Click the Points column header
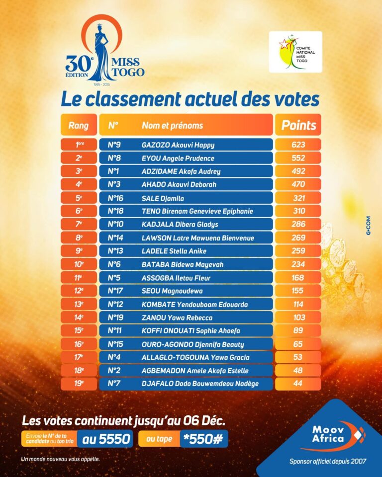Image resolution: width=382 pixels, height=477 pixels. click(298, 125)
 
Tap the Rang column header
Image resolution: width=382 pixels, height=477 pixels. click(79, 125)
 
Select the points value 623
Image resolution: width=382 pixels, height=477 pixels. click(298, 145)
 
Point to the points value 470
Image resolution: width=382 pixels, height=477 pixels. click(298, 185)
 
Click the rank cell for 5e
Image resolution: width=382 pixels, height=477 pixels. click(79, 198)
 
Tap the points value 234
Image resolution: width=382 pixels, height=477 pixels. click(298, 264)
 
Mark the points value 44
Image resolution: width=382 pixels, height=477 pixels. click(298, 384)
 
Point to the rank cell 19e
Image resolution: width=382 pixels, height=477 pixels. click(79, 384)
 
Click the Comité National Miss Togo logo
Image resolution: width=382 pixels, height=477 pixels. click(295, 52)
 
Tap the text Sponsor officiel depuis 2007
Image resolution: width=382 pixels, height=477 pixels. click(328, 462)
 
